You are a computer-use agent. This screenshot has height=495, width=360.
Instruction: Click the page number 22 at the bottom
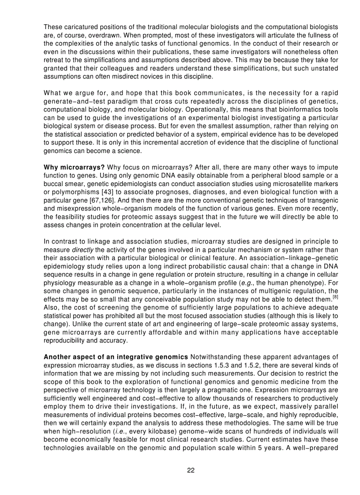(x=191, y=470)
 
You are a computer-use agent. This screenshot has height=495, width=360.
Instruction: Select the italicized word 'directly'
(x=82, y=250)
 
